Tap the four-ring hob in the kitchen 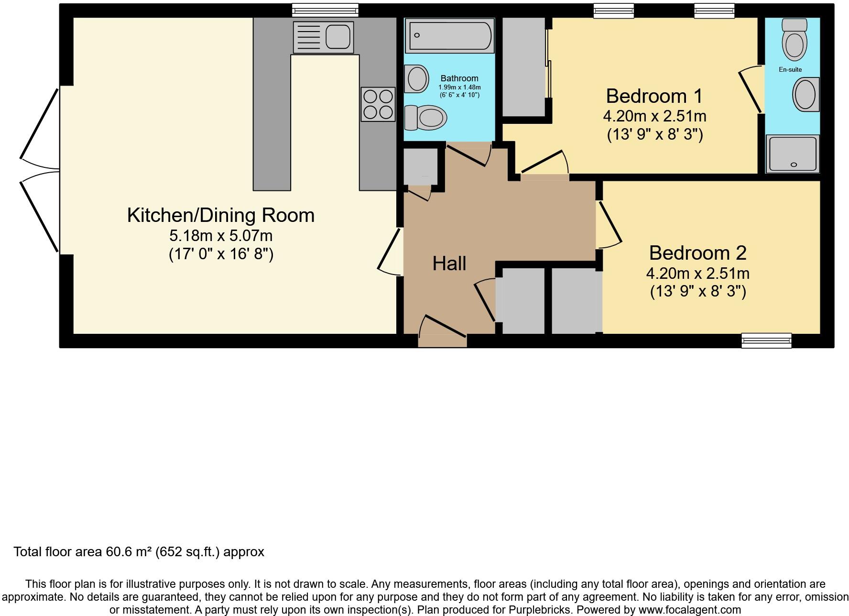tap(378, 104)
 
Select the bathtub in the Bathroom tap(449, 35)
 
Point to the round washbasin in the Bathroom tap(416, 78)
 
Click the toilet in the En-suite tap(794, 40)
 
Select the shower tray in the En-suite tap(793, 154)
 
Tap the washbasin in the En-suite tap(805, 95)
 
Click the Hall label tap(449, 264)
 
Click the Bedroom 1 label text tap(654, 96)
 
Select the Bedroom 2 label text tap(697, 253)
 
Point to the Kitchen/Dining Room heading tap(220, 215)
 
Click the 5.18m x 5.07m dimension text tap(220, 236)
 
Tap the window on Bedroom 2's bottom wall tap(766, 340)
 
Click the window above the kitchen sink tap(325, 10)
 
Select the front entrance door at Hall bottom tap(442, 340)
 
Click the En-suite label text tap(790, 69)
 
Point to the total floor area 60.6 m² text tap(139, 552)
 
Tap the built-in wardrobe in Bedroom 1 tap(524, 67)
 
